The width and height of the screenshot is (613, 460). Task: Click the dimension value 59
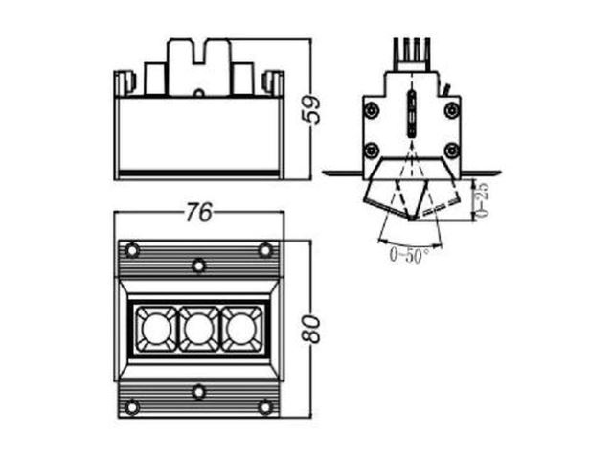[313, 109]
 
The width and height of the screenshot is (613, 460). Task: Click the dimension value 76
[199, 213]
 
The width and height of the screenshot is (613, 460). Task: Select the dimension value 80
[312, 330]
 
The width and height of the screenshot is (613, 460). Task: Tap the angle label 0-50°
[409, 255]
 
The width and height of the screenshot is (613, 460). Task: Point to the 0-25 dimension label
[483, 200]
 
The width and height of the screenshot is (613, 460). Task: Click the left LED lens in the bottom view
[156, 329]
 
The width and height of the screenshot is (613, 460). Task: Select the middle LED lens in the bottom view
[198, 329]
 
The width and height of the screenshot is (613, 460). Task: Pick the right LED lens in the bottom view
[241, 329]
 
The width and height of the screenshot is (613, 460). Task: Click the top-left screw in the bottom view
[132, 249]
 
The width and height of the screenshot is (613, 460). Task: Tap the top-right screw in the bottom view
[265, 249]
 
